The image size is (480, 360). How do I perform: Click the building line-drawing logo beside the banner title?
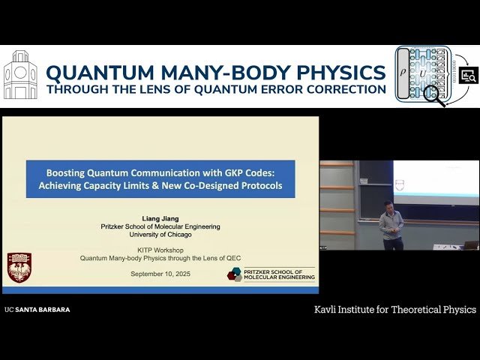[x=20, y=76]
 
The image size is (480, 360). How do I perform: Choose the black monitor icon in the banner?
[x=468, y=76]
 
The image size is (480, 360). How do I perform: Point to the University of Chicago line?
[x=160, y=234]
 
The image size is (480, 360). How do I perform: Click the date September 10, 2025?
[x=160, y=274]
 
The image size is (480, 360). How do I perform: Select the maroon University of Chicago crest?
[x=19, y=268]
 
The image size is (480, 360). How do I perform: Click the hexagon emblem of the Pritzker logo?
[x=235, y=274]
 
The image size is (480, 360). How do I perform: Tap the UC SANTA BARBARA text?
[x=37, y=310]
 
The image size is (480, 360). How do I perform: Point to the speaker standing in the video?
[x=390, y=225]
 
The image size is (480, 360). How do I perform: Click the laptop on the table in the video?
[x=470, y=244]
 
